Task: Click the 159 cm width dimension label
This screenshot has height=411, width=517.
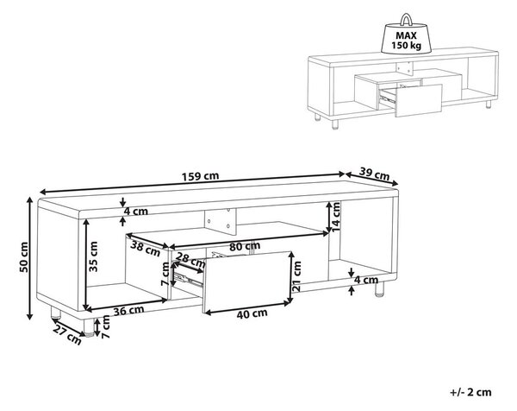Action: coord(200,176)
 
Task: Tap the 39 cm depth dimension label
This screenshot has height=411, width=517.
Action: coord(374,174)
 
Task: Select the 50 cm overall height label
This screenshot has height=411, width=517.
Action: coord(24,257)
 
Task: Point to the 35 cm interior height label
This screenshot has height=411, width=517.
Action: coord(93,256)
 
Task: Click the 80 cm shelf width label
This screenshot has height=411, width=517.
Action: coord(245,246)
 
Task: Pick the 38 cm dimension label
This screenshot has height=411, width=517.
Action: coord(145,249)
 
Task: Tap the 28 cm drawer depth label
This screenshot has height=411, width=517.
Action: coord(190,260)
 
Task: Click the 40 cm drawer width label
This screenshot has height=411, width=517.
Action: coord(252,314)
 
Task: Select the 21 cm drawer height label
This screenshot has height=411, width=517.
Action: coord(296,276)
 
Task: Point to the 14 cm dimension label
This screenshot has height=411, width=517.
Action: coord(335,217)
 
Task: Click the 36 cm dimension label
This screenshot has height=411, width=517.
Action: coord(128,311)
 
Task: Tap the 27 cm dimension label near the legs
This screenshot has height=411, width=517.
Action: coord(67,334)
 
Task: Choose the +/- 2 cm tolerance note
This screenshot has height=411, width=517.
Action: coord(470,392)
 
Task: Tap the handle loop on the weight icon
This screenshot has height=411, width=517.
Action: coord(406,19)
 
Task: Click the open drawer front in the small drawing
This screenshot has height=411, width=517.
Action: coord(419,101)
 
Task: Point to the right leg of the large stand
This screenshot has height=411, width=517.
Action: coord(379,289)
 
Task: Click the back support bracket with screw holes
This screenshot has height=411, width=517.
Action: coord(221,222)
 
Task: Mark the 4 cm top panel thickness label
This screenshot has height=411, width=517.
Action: coord(136,212)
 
